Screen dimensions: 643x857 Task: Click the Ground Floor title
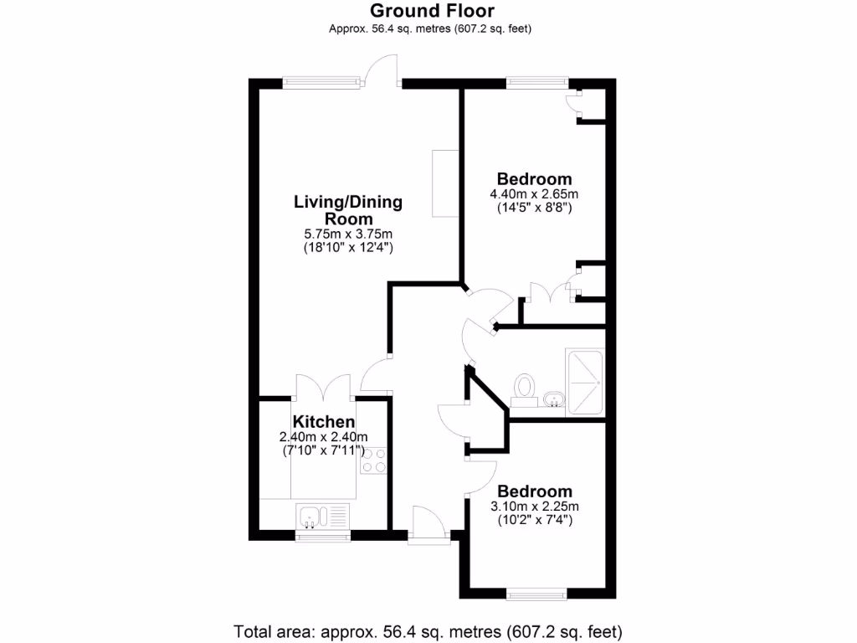tap(432, 11)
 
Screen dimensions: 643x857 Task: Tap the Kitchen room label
tap(323, 422)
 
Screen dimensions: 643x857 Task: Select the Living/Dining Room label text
tap(347, 210)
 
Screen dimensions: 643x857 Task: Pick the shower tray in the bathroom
tap(585, 382)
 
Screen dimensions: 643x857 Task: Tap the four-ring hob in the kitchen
tap(373, 460)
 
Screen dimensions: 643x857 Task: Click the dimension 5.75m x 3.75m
tap(347, 234)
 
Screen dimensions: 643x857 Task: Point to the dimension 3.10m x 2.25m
tap(535, 506)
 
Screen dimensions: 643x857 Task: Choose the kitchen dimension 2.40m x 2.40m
tap(323, 437)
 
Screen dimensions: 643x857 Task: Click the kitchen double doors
tap(323, 389)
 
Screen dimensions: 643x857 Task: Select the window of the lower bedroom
tap(536, 596)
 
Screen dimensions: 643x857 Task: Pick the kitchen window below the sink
tap(323, 536)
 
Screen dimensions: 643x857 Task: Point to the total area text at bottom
tap(428, 630)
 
